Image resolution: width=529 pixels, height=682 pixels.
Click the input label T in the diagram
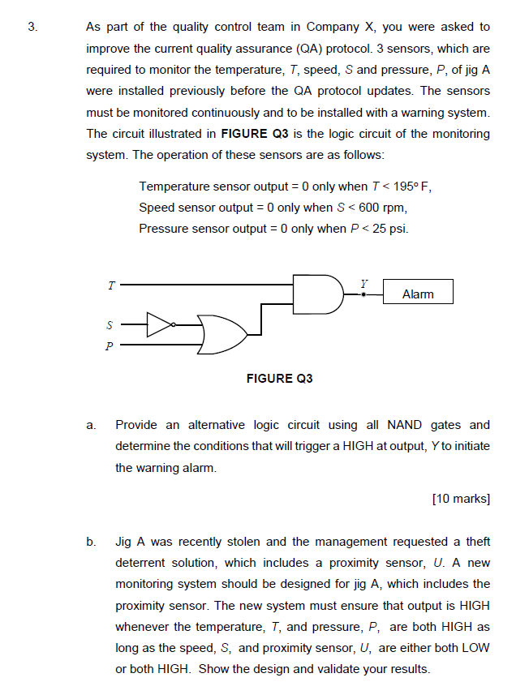coord(111,285)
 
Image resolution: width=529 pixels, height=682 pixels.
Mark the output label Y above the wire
coord(364,284)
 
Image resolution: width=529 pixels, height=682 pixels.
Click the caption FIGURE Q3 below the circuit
coord(279,379)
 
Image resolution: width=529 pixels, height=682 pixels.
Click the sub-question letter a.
coord(92,425)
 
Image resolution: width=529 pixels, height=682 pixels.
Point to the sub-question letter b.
coord(92,542)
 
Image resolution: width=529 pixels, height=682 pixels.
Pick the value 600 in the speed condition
coord(354,208)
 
